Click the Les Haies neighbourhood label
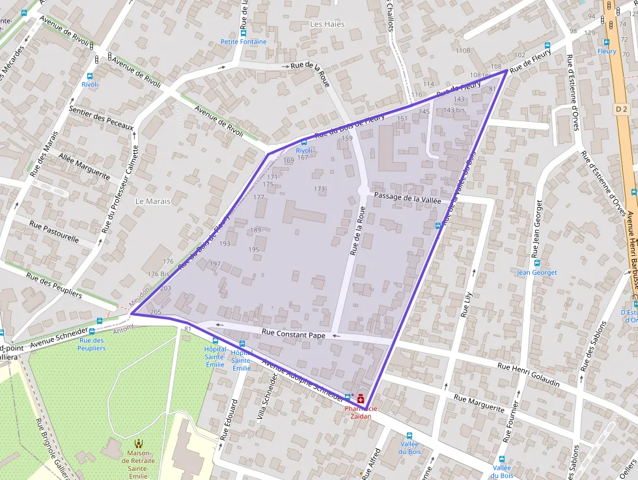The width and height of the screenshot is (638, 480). click(x=327, y=24)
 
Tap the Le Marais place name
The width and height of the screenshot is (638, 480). click(x=153, y=201)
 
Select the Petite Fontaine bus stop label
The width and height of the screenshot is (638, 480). click(x=243, y=42)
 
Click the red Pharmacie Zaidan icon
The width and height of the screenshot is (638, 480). click(x=361, y=397)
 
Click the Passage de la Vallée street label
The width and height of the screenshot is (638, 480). click(x=407, y=198)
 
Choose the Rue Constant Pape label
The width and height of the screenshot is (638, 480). click(x=293, y=334)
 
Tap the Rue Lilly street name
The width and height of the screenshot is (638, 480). click(x=466, y=304)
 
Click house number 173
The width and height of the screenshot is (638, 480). click(x=319, y=189)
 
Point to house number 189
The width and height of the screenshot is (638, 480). click(x=255, y=230)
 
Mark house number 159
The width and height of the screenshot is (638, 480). click(x=347, y=138)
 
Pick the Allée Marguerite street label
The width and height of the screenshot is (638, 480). click(x=84, y=165)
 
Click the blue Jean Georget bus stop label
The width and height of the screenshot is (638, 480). click(x=537, y=272)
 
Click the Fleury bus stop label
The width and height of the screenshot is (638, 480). click(x=607, y=51)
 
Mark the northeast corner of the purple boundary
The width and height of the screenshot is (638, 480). click(x=506, y=70)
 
